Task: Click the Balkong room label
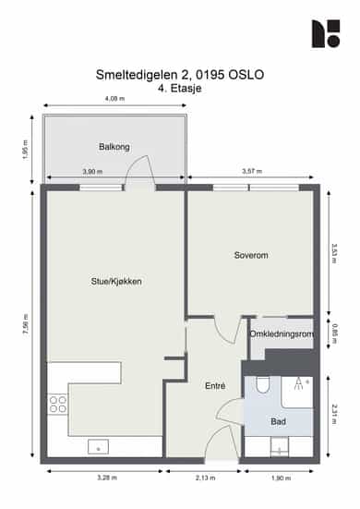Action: (x=114, y=147)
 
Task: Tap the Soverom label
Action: (x=251, y=255)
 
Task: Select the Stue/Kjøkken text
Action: (x=116, y=282)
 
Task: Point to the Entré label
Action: (x=215, y=385)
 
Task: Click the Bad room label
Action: (x=278, y=421)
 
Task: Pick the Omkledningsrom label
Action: (x=282, y=334)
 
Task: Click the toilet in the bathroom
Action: (x=263, y=384)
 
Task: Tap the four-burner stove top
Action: (x=58, y=404)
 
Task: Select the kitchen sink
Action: (x=98, y=447)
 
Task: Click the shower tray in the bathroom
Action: (x=296, y=392)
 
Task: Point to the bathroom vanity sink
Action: (x=280, y=447)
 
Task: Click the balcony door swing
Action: (x=139, y=170)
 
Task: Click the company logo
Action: (x=326, y=33)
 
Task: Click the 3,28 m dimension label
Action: (x=107, y=478)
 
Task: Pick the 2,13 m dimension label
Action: (x=205, y=478)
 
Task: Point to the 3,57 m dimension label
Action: (x=252, y=171)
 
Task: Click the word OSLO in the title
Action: (x=246, y=75)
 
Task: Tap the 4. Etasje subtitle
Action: (x=180, y=89)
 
